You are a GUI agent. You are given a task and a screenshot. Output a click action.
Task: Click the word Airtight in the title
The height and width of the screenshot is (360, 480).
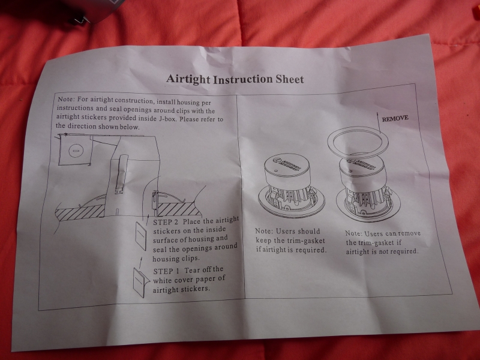[188, 79]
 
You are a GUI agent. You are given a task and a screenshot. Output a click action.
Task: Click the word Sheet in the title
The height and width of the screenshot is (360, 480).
[290, 79]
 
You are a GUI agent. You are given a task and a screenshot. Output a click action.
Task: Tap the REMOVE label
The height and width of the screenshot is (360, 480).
[395, 118]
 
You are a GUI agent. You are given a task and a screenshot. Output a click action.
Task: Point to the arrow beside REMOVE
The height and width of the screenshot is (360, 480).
[378, 123]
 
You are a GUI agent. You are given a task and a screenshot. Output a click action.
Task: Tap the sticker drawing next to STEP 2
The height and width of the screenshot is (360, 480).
[141, 236]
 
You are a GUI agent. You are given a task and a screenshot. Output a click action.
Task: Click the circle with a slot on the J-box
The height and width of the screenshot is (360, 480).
[76, 151]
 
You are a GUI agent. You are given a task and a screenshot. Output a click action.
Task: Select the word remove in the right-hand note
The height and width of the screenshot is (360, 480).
[409, 233]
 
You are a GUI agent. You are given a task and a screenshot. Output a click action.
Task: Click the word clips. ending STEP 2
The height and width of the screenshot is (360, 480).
[190, 258]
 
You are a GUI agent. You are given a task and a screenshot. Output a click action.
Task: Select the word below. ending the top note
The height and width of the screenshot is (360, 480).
[129, 127]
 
